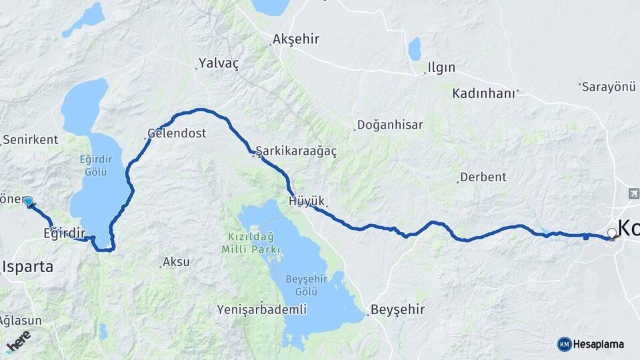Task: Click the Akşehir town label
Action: [x=297, y=40]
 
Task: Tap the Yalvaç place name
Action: [x=219, y=64]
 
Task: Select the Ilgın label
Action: [x=441, y=68]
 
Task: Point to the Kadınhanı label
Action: [x=484, y=93]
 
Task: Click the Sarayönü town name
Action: [x=609, y=87]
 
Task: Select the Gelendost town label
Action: [x=177, y=133]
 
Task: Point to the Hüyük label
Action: [x=307, y=201]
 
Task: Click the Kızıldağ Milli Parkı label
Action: [x=249, y=243]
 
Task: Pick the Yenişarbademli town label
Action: [x=262, y=310]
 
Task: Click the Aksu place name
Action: [x=177, y=262]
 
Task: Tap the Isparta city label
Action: [x=27, y=267]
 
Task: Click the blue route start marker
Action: [x=29, y=201]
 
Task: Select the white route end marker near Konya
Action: [x=611, y=233]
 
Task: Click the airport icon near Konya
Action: [x=633, y=193]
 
